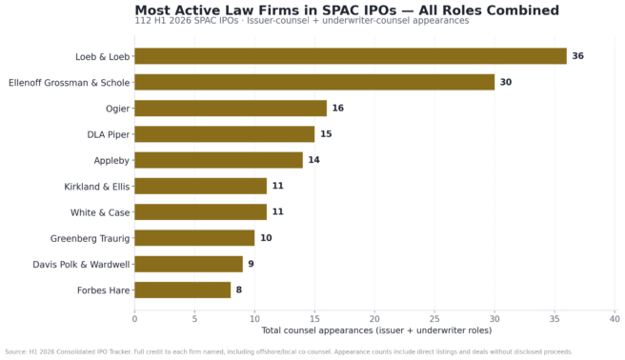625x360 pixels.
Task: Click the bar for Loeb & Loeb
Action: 351,56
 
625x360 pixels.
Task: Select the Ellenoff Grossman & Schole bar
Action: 314,82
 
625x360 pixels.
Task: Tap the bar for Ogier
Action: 231,109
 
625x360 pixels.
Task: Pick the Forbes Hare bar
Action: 183,290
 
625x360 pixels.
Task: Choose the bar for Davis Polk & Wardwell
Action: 189,264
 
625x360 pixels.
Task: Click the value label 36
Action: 578,56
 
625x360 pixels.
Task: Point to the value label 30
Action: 506,82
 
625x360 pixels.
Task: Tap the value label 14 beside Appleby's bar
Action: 313,160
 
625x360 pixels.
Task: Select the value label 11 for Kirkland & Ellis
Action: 278,186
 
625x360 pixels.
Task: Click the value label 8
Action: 239,290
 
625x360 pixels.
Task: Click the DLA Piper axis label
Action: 109,134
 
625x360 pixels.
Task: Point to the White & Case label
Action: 100,212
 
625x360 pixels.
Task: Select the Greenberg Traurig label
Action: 91,238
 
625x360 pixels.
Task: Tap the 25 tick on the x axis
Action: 434,319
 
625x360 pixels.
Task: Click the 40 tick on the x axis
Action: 615,319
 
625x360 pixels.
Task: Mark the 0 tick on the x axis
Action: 134,319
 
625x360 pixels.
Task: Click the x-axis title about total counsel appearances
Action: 376,330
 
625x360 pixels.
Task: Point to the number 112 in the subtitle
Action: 142,21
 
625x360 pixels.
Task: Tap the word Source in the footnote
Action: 15,352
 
